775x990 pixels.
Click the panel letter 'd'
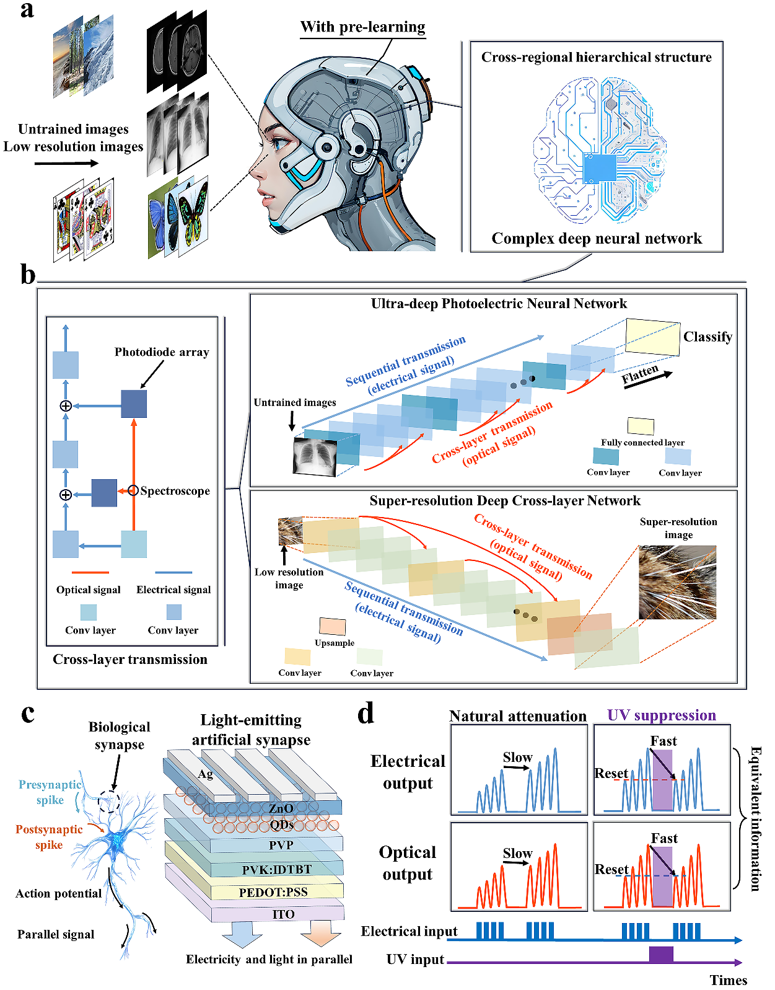click(366, 714)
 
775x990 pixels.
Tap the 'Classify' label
click(707, 337)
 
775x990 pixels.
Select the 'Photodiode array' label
click(162, 352)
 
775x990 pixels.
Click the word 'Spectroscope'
click(175, 491)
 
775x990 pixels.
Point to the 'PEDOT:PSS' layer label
click(273, 892)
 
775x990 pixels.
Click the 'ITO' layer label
click(283, 914)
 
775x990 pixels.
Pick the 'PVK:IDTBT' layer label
click(276, 870)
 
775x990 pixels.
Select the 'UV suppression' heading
click(662, 715)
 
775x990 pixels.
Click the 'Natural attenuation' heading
click(517, 716)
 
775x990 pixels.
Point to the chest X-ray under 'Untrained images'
click(315, 457)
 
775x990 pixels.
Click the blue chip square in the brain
click(600, 167)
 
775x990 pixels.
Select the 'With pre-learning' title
click(362, 27)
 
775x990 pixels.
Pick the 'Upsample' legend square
click(332, 626)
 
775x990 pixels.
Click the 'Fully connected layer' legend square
click(641, 426)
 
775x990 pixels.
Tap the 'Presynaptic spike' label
click(50, 792)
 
